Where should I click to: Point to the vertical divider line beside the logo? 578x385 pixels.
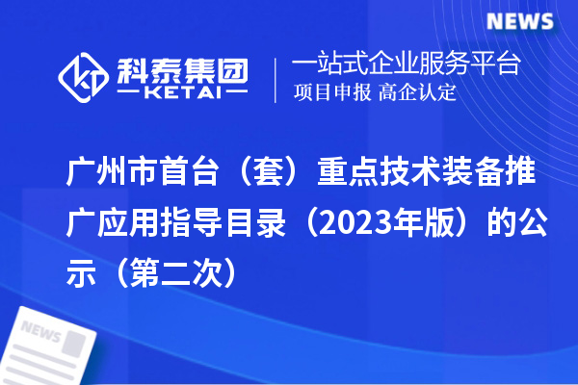[276, 79]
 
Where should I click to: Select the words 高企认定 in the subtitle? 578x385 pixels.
[417, 93]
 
